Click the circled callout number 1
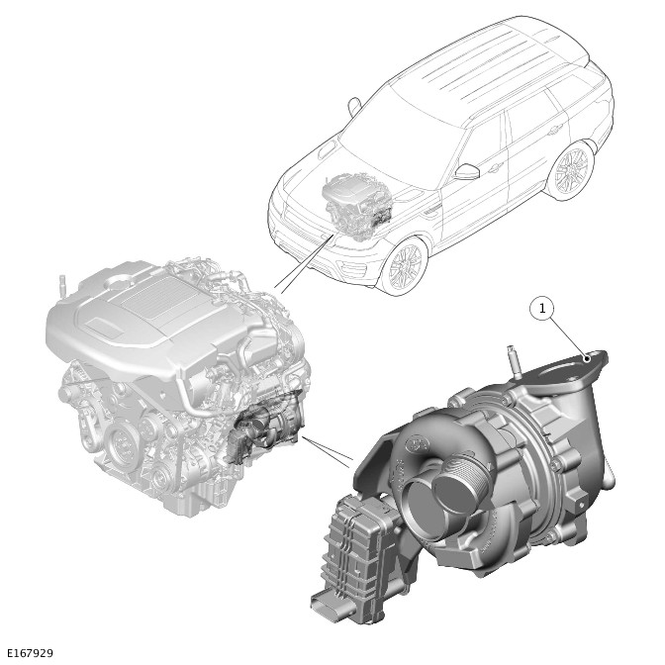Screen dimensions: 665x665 [542, 309]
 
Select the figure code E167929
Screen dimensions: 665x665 [31, 653]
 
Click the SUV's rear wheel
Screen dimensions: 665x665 [571, 170]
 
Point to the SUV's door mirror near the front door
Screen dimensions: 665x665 [467, 171]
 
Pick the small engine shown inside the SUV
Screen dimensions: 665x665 [357, 207]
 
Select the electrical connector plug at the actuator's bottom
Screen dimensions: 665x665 [327, 606]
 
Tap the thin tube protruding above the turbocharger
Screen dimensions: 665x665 [514, 361]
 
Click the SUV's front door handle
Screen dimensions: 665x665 [494, 169]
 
